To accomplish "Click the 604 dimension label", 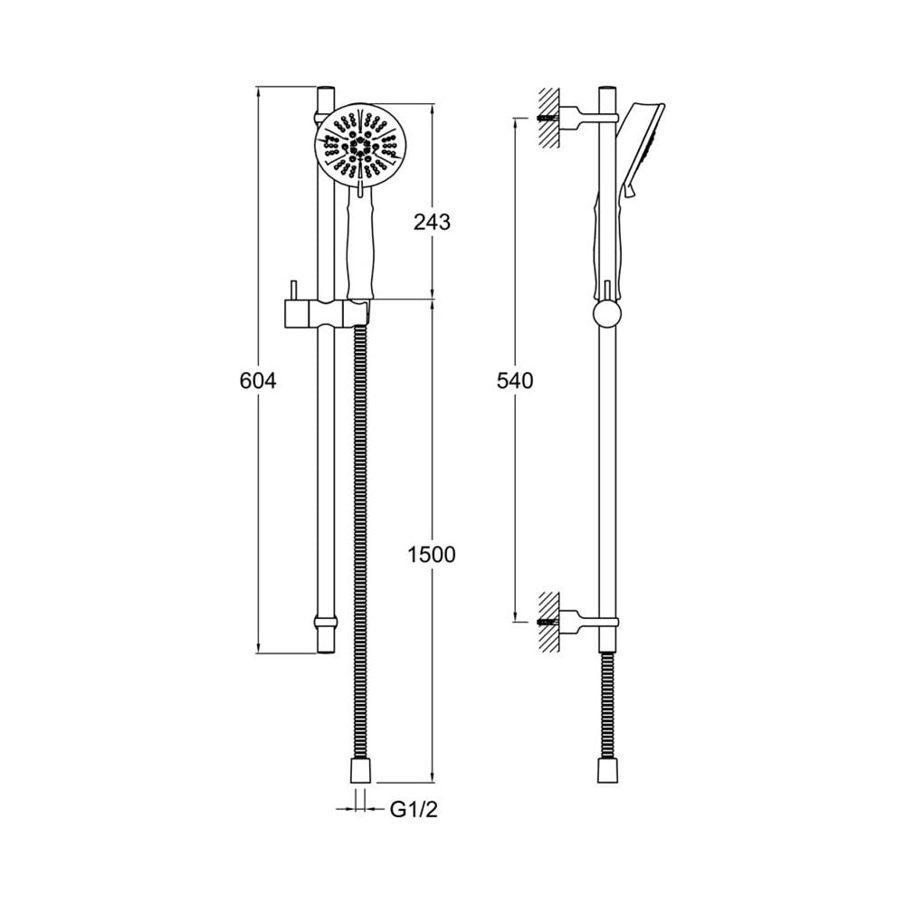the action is coord(258,381).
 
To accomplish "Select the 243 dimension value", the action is coord(432,222).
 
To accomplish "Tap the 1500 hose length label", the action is coord(432,555).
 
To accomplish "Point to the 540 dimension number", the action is coord(515,381).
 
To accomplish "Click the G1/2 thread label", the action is coord(414,810).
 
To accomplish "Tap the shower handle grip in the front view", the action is coord(362,245).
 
